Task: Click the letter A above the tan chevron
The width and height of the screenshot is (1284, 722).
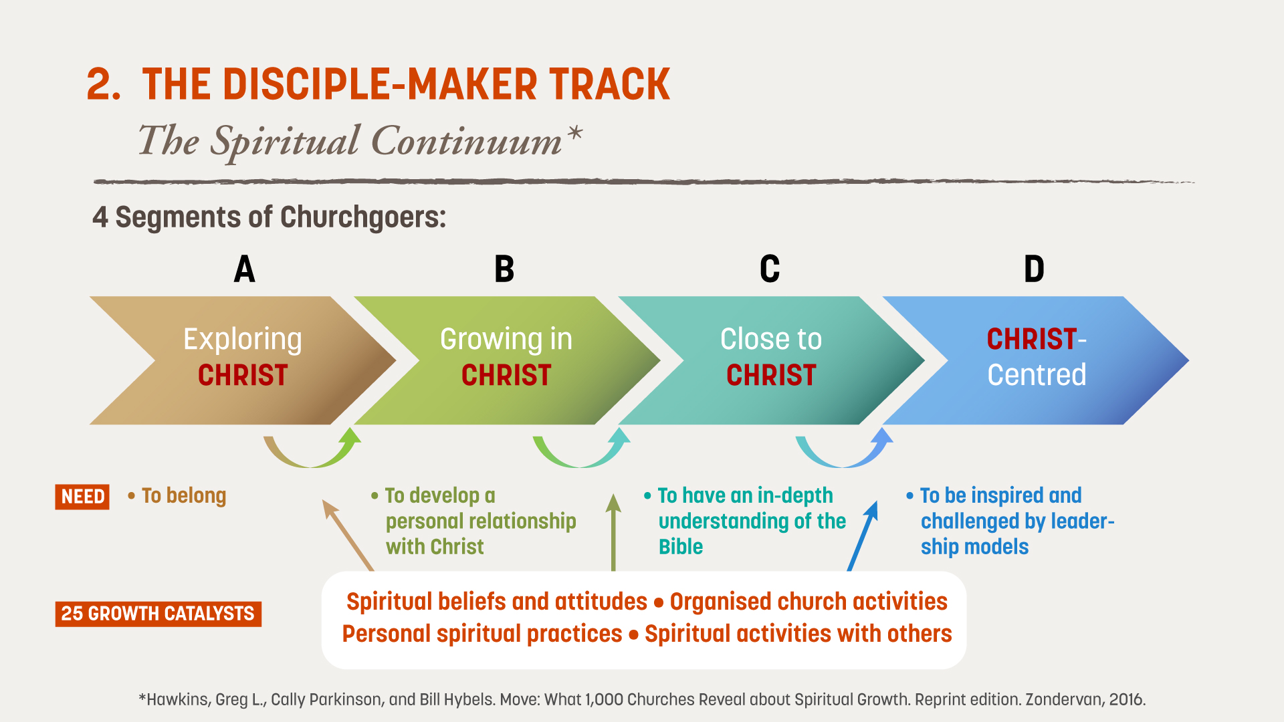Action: point(245,269)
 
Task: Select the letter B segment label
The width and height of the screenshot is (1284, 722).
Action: point(504,269)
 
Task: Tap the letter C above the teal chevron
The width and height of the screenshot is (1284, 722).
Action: point(770,269)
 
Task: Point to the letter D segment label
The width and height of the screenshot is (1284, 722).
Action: point(1034,269)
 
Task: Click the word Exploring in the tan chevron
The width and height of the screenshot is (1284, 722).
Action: point(243,340)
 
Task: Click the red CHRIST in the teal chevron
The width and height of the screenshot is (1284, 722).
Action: point(771,375)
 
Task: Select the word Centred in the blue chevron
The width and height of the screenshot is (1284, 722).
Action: point(1037,375)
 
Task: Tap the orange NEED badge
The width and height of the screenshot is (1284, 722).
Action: point(82,497)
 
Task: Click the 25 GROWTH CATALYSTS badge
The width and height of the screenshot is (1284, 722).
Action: point(158,614)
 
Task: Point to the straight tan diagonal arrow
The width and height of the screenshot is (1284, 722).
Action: point(348,535)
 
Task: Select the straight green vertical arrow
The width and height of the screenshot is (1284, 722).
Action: point(613,532)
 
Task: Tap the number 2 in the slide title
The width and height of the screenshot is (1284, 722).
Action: point(104,85)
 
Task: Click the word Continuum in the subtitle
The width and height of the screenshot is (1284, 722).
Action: point(467,141)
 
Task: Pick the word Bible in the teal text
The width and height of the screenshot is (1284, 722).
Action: point(681,547)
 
